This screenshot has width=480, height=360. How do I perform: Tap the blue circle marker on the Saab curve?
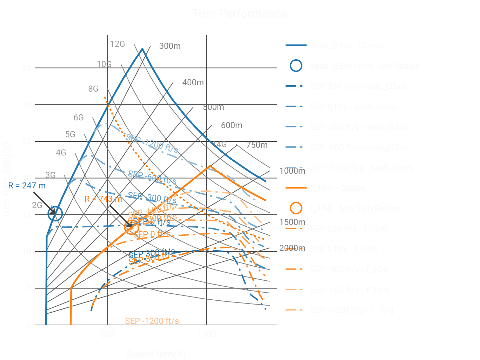pyautogui.click(x=55, y=213)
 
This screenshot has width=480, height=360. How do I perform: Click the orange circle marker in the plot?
pyautogui.click(x=131, y=227)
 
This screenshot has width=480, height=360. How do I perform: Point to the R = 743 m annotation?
pyautogui.click(x=103, y=199)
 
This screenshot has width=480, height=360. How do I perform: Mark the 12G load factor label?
pyautogui.click(x=117, y=44)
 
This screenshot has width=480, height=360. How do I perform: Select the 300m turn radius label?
pyautogui.click(x=170, y=46)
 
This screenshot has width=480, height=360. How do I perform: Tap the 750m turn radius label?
pyautogui.click(x=257, y=145)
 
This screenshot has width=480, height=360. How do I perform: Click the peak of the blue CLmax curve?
pyautogui.click(x=142, y=49)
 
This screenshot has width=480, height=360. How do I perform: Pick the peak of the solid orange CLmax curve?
pyautogui.click(x=209, y=166)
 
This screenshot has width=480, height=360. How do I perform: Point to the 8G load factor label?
pyautogui.click(x=93, y=89)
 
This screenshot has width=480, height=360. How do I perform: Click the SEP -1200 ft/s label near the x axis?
pyautogui.click(x=152, y=321)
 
